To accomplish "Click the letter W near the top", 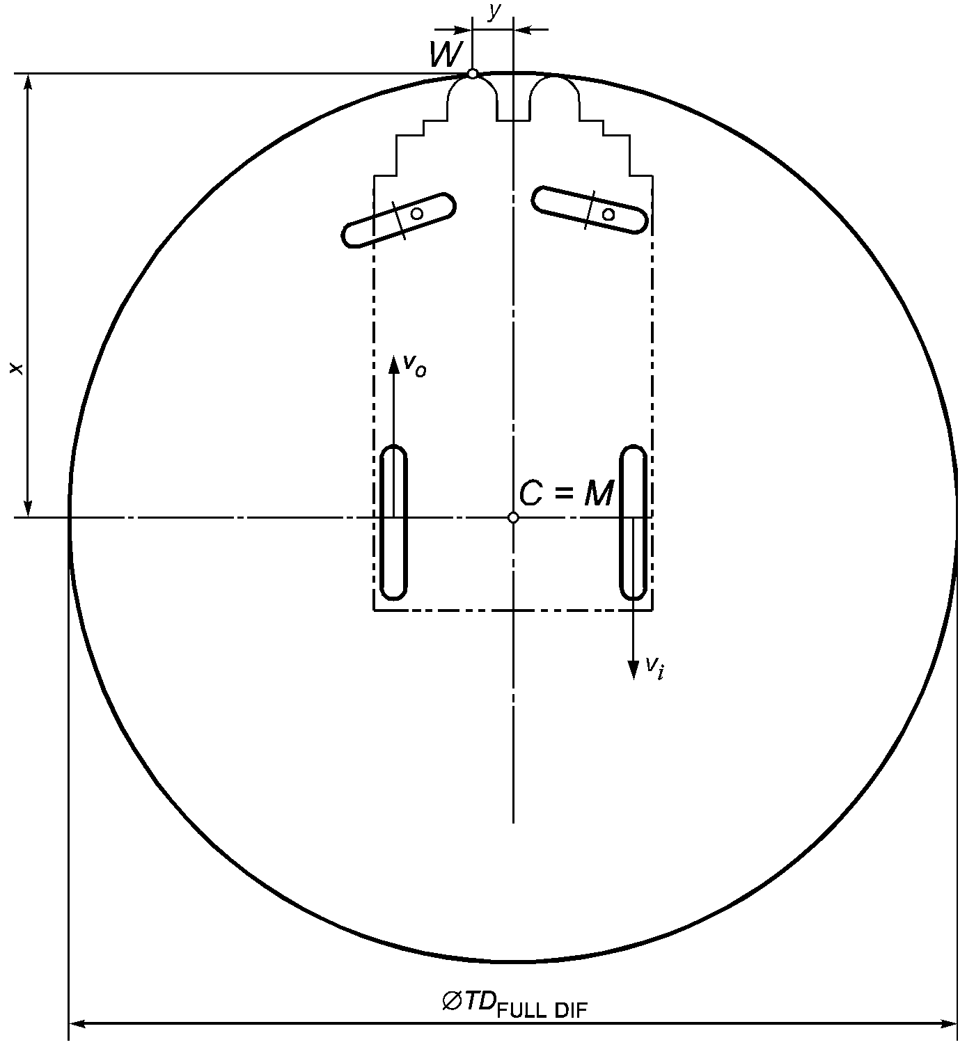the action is coord(446,54).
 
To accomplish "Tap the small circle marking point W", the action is coord(473,74).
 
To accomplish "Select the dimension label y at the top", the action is coord(493,13).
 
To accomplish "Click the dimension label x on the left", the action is coord(17,368).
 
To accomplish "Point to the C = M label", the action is coord(566,494).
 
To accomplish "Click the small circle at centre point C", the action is coord(513,518).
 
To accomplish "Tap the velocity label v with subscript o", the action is coord(414,365).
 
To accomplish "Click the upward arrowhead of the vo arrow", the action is coord(393,364).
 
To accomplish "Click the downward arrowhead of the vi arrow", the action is coord(634,670).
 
